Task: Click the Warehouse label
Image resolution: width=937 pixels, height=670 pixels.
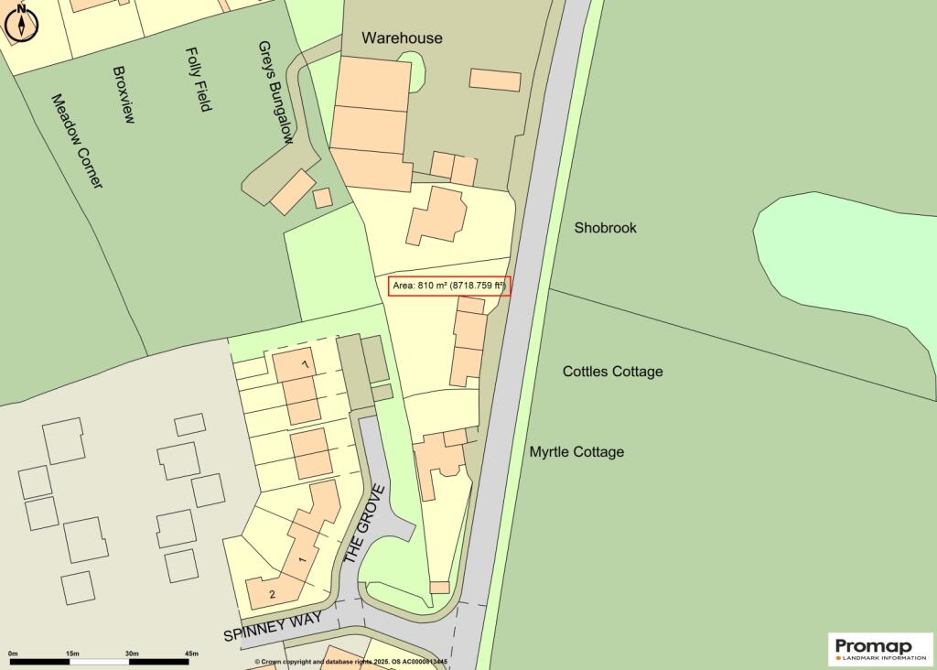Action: pos(402,38)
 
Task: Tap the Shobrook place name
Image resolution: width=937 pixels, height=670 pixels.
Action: pos(605,227)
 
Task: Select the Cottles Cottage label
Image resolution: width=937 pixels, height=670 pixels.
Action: pos(612,372)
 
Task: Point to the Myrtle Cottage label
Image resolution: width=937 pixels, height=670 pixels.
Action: pos(576,452)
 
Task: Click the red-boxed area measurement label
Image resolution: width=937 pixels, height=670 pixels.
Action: pos(448,286)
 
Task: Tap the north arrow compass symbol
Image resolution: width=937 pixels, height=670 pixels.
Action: pos(21,22)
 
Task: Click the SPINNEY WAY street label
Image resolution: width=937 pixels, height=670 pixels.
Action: pos(274,628)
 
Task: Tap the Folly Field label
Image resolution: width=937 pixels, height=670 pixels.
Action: pos(199,80)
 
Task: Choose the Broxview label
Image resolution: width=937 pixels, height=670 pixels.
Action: pos(124,94)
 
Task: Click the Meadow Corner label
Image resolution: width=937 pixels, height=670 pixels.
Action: pos(77,141)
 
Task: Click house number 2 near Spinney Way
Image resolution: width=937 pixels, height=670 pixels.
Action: pos(272,595)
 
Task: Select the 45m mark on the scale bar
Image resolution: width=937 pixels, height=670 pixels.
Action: pos(191,653)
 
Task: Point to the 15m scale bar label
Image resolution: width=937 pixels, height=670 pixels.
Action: pos(72,653)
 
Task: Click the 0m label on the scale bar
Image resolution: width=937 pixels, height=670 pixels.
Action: pos(13,653)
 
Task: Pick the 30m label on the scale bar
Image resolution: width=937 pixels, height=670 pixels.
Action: pos(132,653)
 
